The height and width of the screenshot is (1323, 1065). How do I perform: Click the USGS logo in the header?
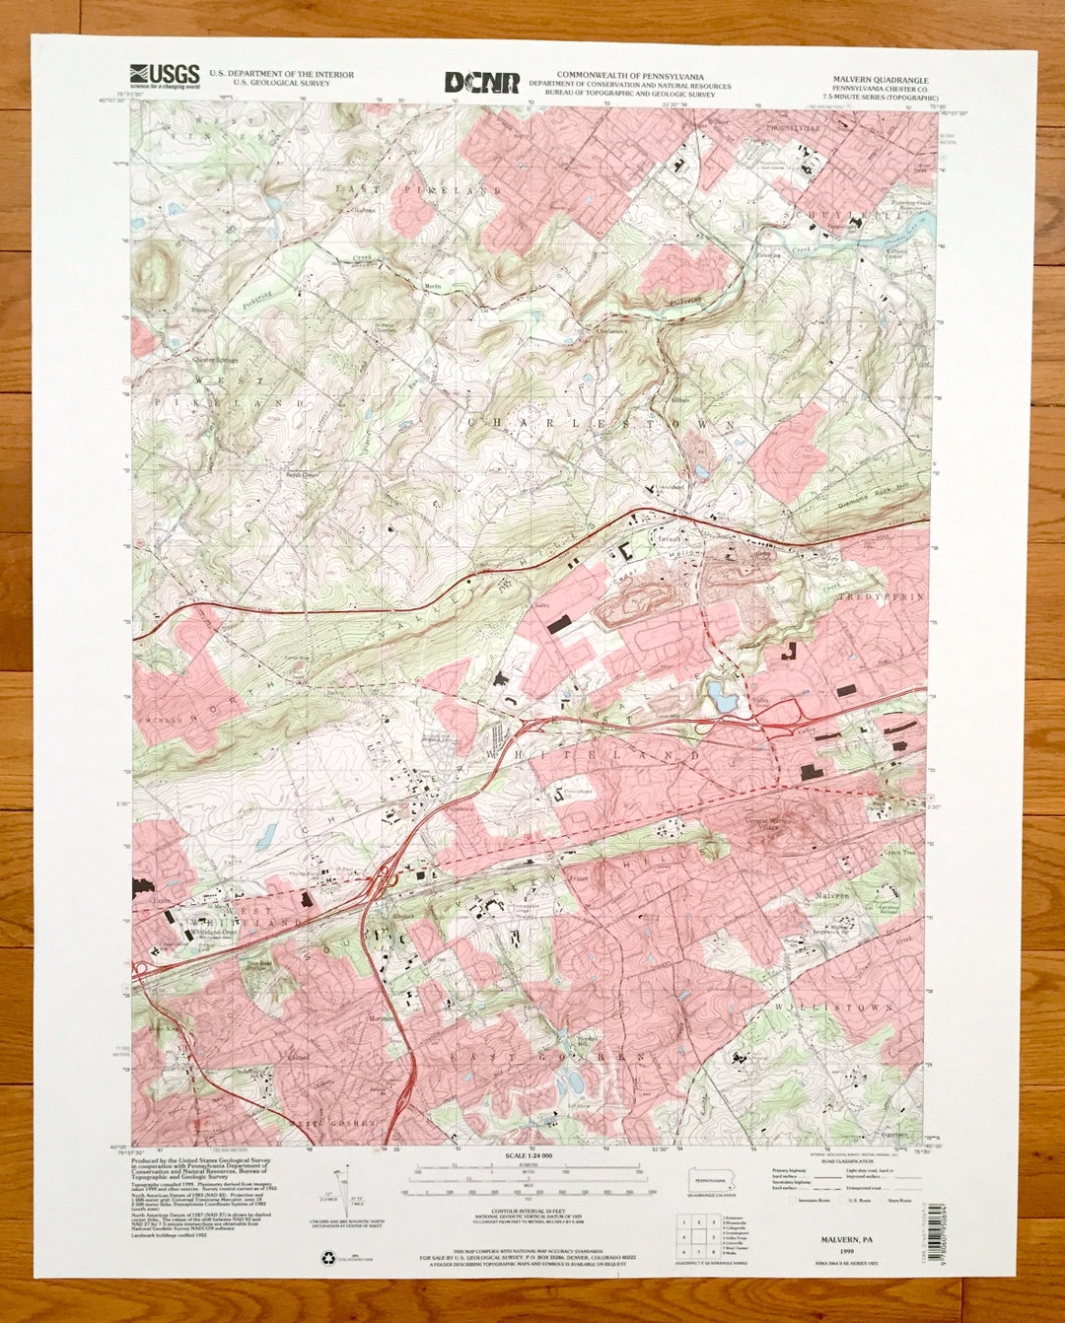(x=165, y=75)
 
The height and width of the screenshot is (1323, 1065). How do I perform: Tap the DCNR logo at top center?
(x=481, y=83)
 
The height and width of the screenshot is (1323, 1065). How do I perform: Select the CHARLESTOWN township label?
(x=601, y=423)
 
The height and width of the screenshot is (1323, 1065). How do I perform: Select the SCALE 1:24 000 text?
(x=529, y=1154)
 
